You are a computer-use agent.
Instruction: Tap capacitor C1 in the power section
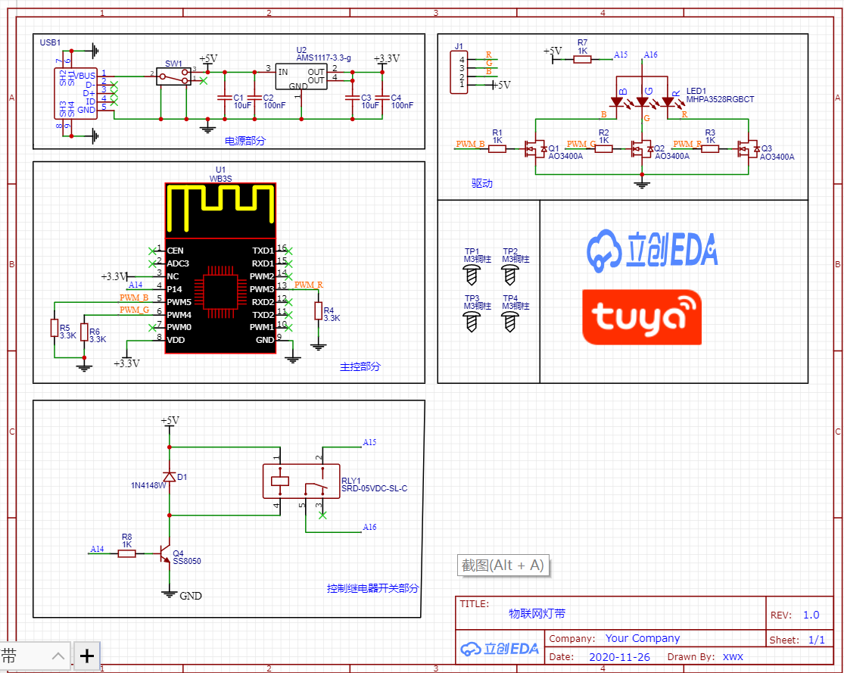224,98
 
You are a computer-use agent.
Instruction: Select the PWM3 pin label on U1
262,289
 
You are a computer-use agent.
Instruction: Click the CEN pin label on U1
175,251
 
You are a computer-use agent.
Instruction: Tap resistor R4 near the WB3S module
318,310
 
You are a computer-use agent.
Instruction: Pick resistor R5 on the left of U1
55,328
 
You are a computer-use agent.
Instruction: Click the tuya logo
642,317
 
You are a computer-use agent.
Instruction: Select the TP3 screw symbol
472,321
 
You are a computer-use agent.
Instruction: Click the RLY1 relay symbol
301,481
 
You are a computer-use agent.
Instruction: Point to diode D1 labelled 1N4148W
170,477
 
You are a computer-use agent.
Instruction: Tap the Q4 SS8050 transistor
164,556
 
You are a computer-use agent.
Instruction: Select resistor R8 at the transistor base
126,553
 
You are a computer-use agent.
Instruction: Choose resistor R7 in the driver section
582,57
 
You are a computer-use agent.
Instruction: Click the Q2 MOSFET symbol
643,148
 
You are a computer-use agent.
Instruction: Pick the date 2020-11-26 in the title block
620,657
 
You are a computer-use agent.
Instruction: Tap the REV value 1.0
811,615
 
